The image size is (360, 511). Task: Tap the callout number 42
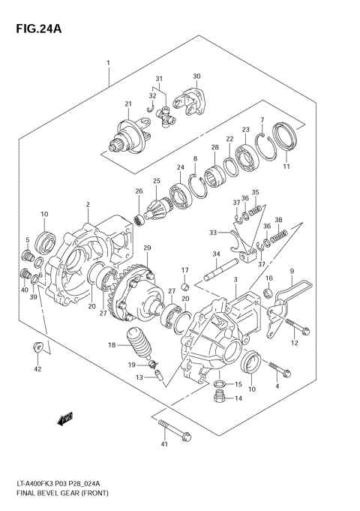37,369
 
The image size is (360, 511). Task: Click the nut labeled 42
37,347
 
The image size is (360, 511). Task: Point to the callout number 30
196,76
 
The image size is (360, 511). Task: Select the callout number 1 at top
109,62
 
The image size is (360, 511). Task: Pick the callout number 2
88,205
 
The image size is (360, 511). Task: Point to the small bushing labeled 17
183,284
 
